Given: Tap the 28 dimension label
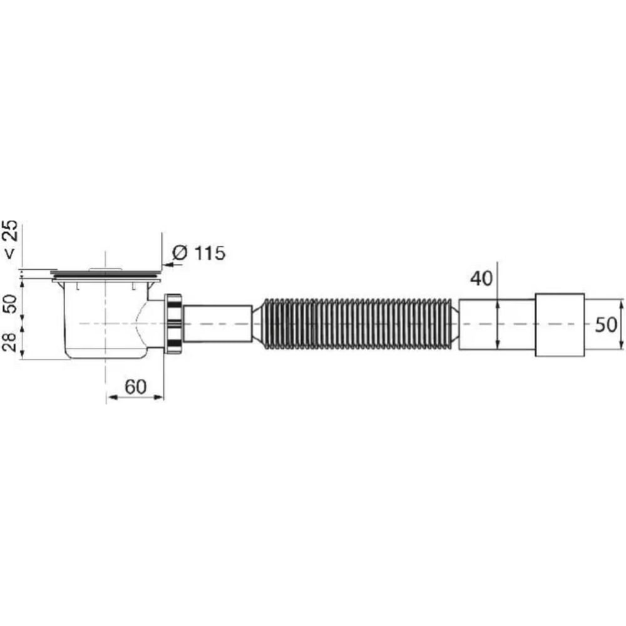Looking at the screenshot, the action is tap(11, 341).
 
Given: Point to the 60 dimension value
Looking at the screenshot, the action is tap(135, 387).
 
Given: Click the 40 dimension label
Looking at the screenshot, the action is tap(481, 279).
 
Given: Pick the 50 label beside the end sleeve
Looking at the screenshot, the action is tap(606, 325).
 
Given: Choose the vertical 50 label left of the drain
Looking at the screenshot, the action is tap(11, 304).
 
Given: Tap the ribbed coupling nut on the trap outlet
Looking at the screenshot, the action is tap(173, 323).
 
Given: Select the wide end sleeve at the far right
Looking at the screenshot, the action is tap(560, 324).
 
